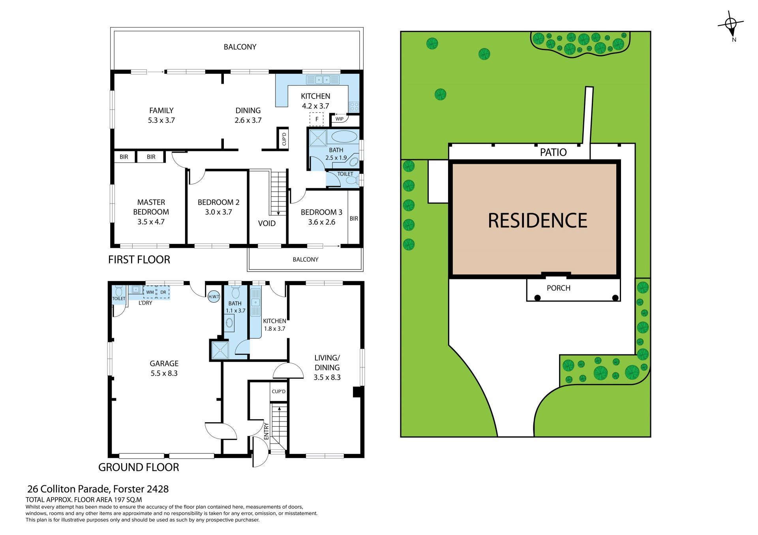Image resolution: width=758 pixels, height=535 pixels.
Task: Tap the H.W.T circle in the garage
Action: click(x=214, y=296)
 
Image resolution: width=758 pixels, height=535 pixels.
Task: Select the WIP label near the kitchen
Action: click(x=340, y=119)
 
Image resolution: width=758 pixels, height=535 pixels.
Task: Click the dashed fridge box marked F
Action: click(x=317, y=119)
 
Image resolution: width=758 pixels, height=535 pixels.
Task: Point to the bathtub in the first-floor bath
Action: click(x=344, y=137)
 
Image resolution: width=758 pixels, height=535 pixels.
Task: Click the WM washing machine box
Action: click(x=150, y=292)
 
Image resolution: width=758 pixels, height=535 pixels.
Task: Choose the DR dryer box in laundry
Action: click(x=163, y=292)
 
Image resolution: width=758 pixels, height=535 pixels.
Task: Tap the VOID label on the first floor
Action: click(x=267, y=224)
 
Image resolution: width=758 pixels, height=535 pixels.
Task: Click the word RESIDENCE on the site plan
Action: click(x=537, y=220)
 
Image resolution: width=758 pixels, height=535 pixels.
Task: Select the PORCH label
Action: click(x=559, y=288)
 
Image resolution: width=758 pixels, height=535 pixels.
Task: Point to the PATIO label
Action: click(x=553, y=152)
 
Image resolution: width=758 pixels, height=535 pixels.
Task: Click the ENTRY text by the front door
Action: click(x=266, y=431)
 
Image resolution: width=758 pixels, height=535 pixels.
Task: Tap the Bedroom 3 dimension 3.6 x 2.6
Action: click(x=322, y=222)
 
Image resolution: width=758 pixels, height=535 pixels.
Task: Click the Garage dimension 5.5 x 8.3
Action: click(x=164, y=373)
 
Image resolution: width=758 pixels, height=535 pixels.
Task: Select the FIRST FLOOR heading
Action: click(x=139, y=260)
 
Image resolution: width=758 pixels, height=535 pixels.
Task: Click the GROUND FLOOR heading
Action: click(x=139, y=467)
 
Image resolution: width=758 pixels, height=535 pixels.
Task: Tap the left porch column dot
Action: click(x=537, y=298)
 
